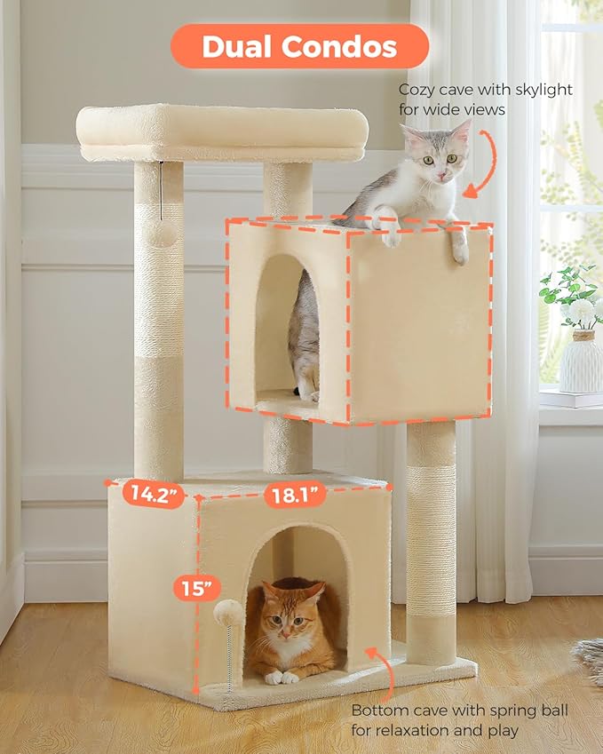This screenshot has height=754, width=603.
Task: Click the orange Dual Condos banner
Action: click(x=299, y=46)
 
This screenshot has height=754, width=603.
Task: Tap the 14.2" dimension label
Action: click(x=146, y=494)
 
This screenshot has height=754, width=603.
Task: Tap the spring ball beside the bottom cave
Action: click(x=229, y=612)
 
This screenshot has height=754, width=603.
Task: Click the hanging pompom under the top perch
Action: click(x=161, y=233)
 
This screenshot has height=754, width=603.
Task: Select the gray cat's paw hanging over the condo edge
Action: click(x=460, y=251)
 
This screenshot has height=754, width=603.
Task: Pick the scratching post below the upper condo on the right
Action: click(x=431, y=542)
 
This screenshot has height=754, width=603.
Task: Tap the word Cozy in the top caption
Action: click(x=417, y=90)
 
